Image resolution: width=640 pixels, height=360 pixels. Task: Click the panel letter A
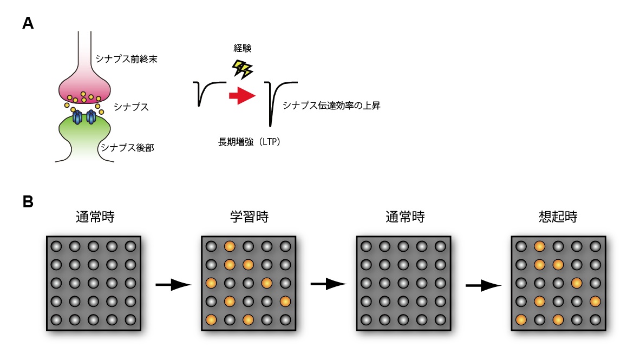[28, 23]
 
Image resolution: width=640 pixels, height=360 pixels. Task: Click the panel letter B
[28, 202]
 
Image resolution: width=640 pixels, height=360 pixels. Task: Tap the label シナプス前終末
[126, 57]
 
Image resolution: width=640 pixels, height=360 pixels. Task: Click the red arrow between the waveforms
[241, 96]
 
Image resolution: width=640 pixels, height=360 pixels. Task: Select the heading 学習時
[249, 218]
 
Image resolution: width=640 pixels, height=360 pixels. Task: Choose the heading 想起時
[558, 218]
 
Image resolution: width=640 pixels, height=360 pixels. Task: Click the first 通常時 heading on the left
[95, 218]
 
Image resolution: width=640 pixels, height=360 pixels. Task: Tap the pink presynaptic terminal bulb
[84, 87]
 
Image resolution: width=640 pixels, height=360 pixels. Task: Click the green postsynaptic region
[84, 133]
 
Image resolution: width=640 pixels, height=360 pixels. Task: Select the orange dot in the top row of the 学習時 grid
[229, 246]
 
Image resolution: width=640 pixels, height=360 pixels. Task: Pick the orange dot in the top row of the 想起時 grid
[539, 246]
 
